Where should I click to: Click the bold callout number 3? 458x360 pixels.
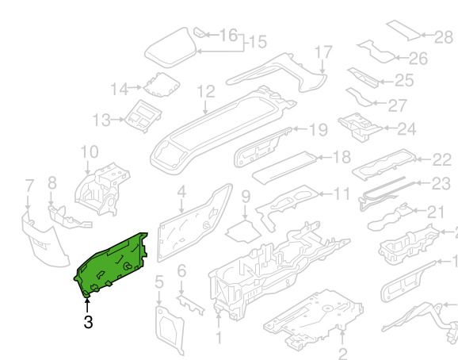click(x=88, y=322)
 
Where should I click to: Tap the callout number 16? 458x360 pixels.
click(x=228, y=35)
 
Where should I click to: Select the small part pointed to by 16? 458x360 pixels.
click(x=200, y=33)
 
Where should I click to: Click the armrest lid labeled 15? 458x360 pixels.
click(x=170, y=48)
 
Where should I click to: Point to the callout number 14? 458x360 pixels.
click(x=120, y=89)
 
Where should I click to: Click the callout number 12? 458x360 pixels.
click(x=206, y=92)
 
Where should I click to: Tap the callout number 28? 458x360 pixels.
click(x=444, y=37)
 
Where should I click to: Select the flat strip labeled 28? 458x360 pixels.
click(x=403, y=30)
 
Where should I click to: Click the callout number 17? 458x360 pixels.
click(x=323, y=52)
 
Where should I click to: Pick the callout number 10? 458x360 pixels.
click(x=90, y=152)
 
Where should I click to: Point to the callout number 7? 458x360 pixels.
click(x=29, y=186)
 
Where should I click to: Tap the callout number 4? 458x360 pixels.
click(x=181, y=192)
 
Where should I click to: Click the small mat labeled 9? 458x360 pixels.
click(x=243, y=232)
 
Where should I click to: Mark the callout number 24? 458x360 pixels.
click(x=406, y=129)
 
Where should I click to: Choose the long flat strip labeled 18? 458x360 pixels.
click(x=284, y=168)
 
